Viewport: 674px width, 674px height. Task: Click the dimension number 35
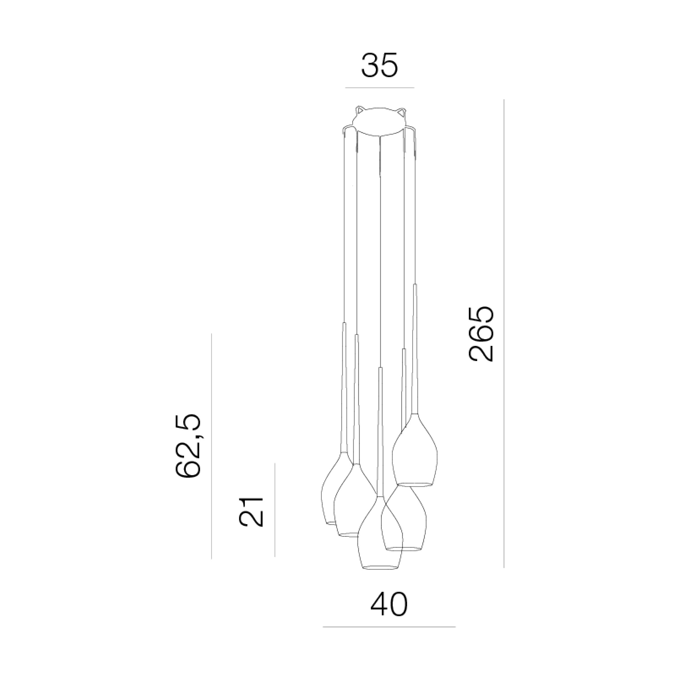point(380,65)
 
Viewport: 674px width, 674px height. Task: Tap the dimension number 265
point(481,334)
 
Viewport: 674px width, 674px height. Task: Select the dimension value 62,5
point(188,445)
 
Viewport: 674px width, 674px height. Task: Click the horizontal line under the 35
point(380,88)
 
